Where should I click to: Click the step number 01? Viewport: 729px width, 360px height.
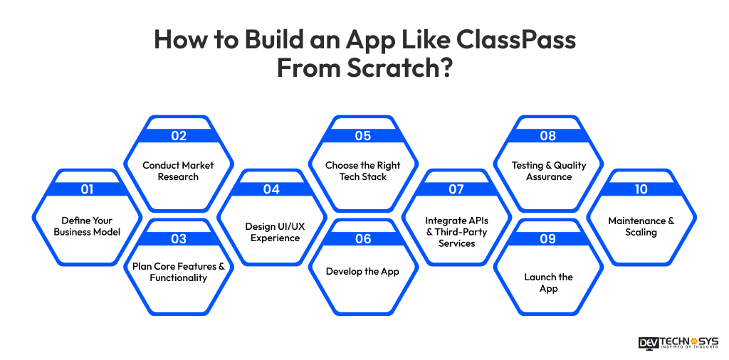87,189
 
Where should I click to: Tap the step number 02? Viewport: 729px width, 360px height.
178,136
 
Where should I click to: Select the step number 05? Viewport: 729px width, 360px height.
363,136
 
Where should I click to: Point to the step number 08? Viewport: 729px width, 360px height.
548,136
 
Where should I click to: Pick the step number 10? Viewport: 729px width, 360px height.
641,189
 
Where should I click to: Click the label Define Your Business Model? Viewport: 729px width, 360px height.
87,226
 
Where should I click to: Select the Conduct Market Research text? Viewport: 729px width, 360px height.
178,171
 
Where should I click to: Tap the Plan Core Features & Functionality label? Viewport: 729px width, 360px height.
178,272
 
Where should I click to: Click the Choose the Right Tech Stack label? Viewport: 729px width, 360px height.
363,171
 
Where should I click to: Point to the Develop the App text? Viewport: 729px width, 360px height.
363,271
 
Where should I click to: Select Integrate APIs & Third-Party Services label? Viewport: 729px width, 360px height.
456,232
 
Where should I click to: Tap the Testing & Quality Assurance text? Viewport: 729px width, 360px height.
548,171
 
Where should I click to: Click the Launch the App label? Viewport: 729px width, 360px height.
548,282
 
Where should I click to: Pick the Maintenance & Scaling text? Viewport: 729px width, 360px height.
641,226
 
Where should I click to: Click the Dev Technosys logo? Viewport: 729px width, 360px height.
678,342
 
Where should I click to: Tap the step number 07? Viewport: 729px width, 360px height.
456,189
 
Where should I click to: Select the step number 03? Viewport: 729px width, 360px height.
178,239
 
